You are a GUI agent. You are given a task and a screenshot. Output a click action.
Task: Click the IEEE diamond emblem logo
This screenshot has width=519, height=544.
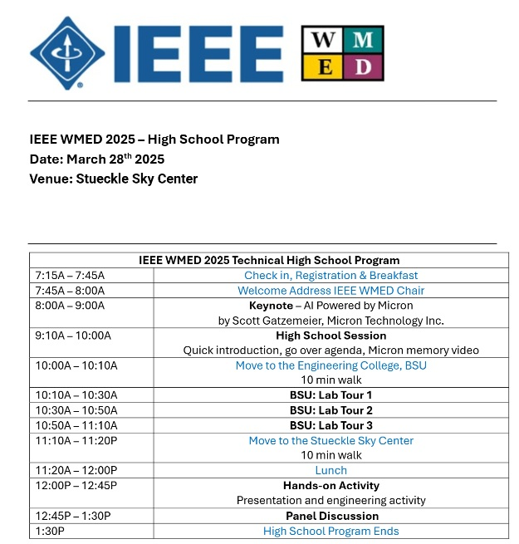pyautogui.click(x=68, y=53)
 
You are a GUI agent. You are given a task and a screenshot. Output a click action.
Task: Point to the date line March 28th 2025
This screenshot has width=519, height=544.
pyautogui.click(x=96, y=159)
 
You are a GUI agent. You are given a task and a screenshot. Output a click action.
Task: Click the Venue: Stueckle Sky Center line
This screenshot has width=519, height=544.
pyautogui.click(x=113, y=179)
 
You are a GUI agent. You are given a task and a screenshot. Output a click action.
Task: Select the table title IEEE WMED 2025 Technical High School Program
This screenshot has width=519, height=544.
pyautogui.click(x=269, y=260)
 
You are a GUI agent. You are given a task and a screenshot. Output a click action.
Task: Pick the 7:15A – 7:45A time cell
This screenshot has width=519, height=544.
pyautogui.click(x=70, y=275)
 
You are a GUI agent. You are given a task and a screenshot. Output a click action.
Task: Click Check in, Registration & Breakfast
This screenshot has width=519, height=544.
pyautogui.click(x=330, y=275)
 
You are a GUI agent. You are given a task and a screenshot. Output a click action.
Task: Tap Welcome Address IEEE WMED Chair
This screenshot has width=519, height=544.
pyautogui.click(x=330, y=291)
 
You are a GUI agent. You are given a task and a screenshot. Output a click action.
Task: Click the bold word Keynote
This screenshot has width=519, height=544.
pyautogui.click(x=271, y=306)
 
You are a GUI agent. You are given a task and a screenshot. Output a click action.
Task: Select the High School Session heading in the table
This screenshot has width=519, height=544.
pyautogui.click(x=330, y=336)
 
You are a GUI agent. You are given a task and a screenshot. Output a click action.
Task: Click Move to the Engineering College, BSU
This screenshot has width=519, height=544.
pyautogui.click(x=330, y=365)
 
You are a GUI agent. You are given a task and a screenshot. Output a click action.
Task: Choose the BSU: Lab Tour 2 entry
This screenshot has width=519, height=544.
pyautogui.click(x=330, y=410)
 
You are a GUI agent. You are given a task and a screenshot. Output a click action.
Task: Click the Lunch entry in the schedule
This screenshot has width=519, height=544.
pyautogui.click(x=330, y=470)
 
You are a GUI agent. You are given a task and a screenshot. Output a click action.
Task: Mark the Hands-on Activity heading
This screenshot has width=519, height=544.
pyautogui.click(x=330, y=485)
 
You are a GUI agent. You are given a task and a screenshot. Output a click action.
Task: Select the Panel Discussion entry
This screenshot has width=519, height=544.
pyautogui.click(x=330, y=516)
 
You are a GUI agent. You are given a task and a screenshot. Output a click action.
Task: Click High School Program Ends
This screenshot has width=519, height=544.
pyautogui.click(x=330, y=531)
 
